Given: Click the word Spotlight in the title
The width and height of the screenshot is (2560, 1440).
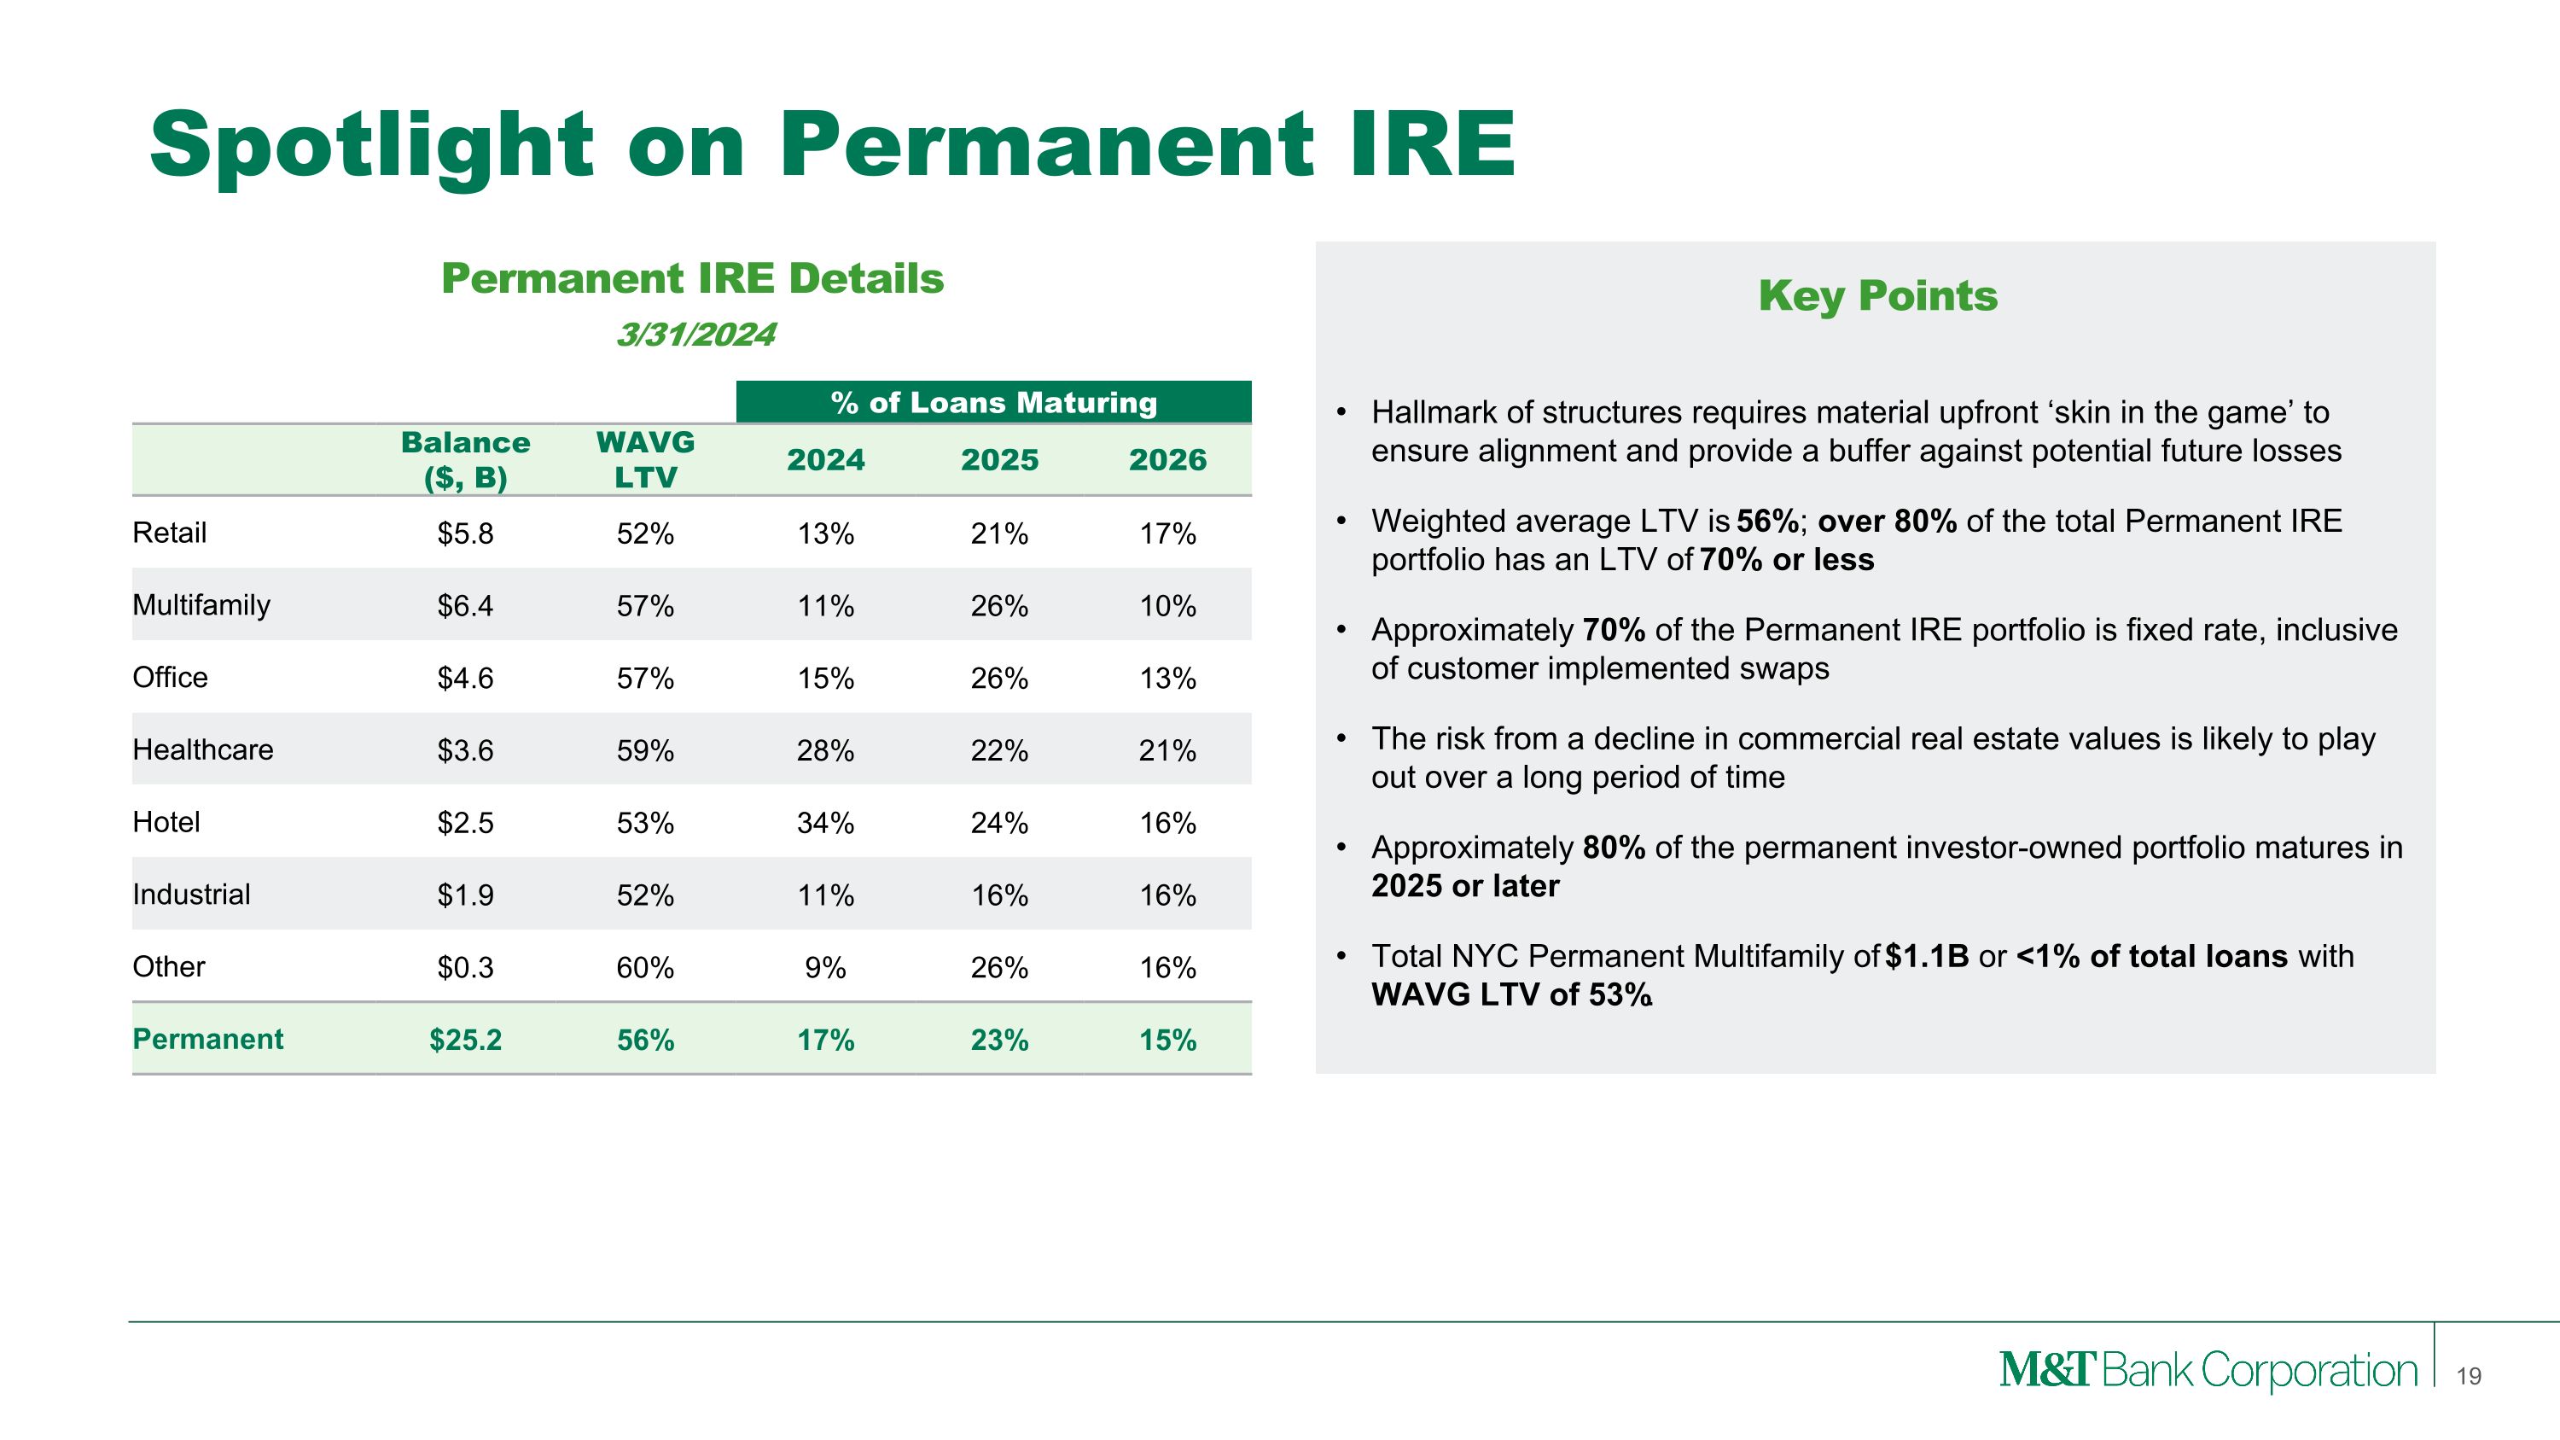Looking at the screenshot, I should (x=370, y=147).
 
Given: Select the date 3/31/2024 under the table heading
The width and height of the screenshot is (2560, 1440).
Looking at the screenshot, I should (x=695, y=335).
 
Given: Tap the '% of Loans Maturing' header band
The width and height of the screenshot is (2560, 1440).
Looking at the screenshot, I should (x=994, y=403).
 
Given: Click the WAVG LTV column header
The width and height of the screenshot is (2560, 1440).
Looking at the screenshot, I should (x=645, y=459).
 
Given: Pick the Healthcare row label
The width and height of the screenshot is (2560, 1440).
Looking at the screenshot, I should (x=203, y=749).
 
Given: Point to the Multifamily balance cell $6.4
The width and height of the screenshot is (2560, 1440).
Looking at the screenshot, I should (x=465, y=606).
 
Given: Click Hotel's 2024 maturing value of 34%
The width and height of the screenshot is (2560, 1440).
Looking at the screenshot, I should (x=825, y=823).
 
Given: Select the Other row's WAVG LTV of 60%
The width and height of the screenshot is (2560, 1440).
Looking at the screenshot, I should (x=645, y=967).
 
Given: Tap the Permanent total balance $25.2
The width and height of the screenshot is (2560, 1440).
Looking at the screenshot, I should (x=465, y=1040).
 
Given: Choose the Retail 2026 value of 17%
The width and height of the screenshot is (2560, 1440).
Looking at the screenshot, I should (x=1167, y=533).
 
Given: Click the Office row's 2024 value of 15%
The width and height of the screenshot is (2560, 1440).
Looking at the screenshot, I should (x=825, y=678).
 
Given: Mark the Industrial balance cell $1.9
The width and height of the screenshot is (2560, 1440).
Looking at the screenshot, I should (x=465, y=895).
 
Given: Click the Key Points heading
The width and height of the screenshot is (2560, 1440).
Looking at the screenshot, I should (x=1877, y=296).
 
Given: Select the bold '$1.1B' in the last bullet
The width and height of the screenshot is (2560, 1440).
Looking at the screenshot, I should (x=1927, y=956).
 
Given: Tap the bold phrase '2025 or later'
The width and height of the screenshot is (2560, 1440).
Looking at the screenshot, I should (x=1465, y=885).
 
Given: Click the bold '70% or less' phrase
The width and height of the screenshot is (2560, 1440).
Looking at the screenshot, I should (x=1786, y=559).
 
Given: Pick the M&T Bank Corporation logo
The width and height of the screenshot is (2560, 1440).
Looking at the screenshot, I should (x=2208, y=1371).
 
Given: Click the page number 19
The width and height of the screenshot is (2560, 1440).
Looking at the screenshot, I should (x=2469, y=1376).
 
